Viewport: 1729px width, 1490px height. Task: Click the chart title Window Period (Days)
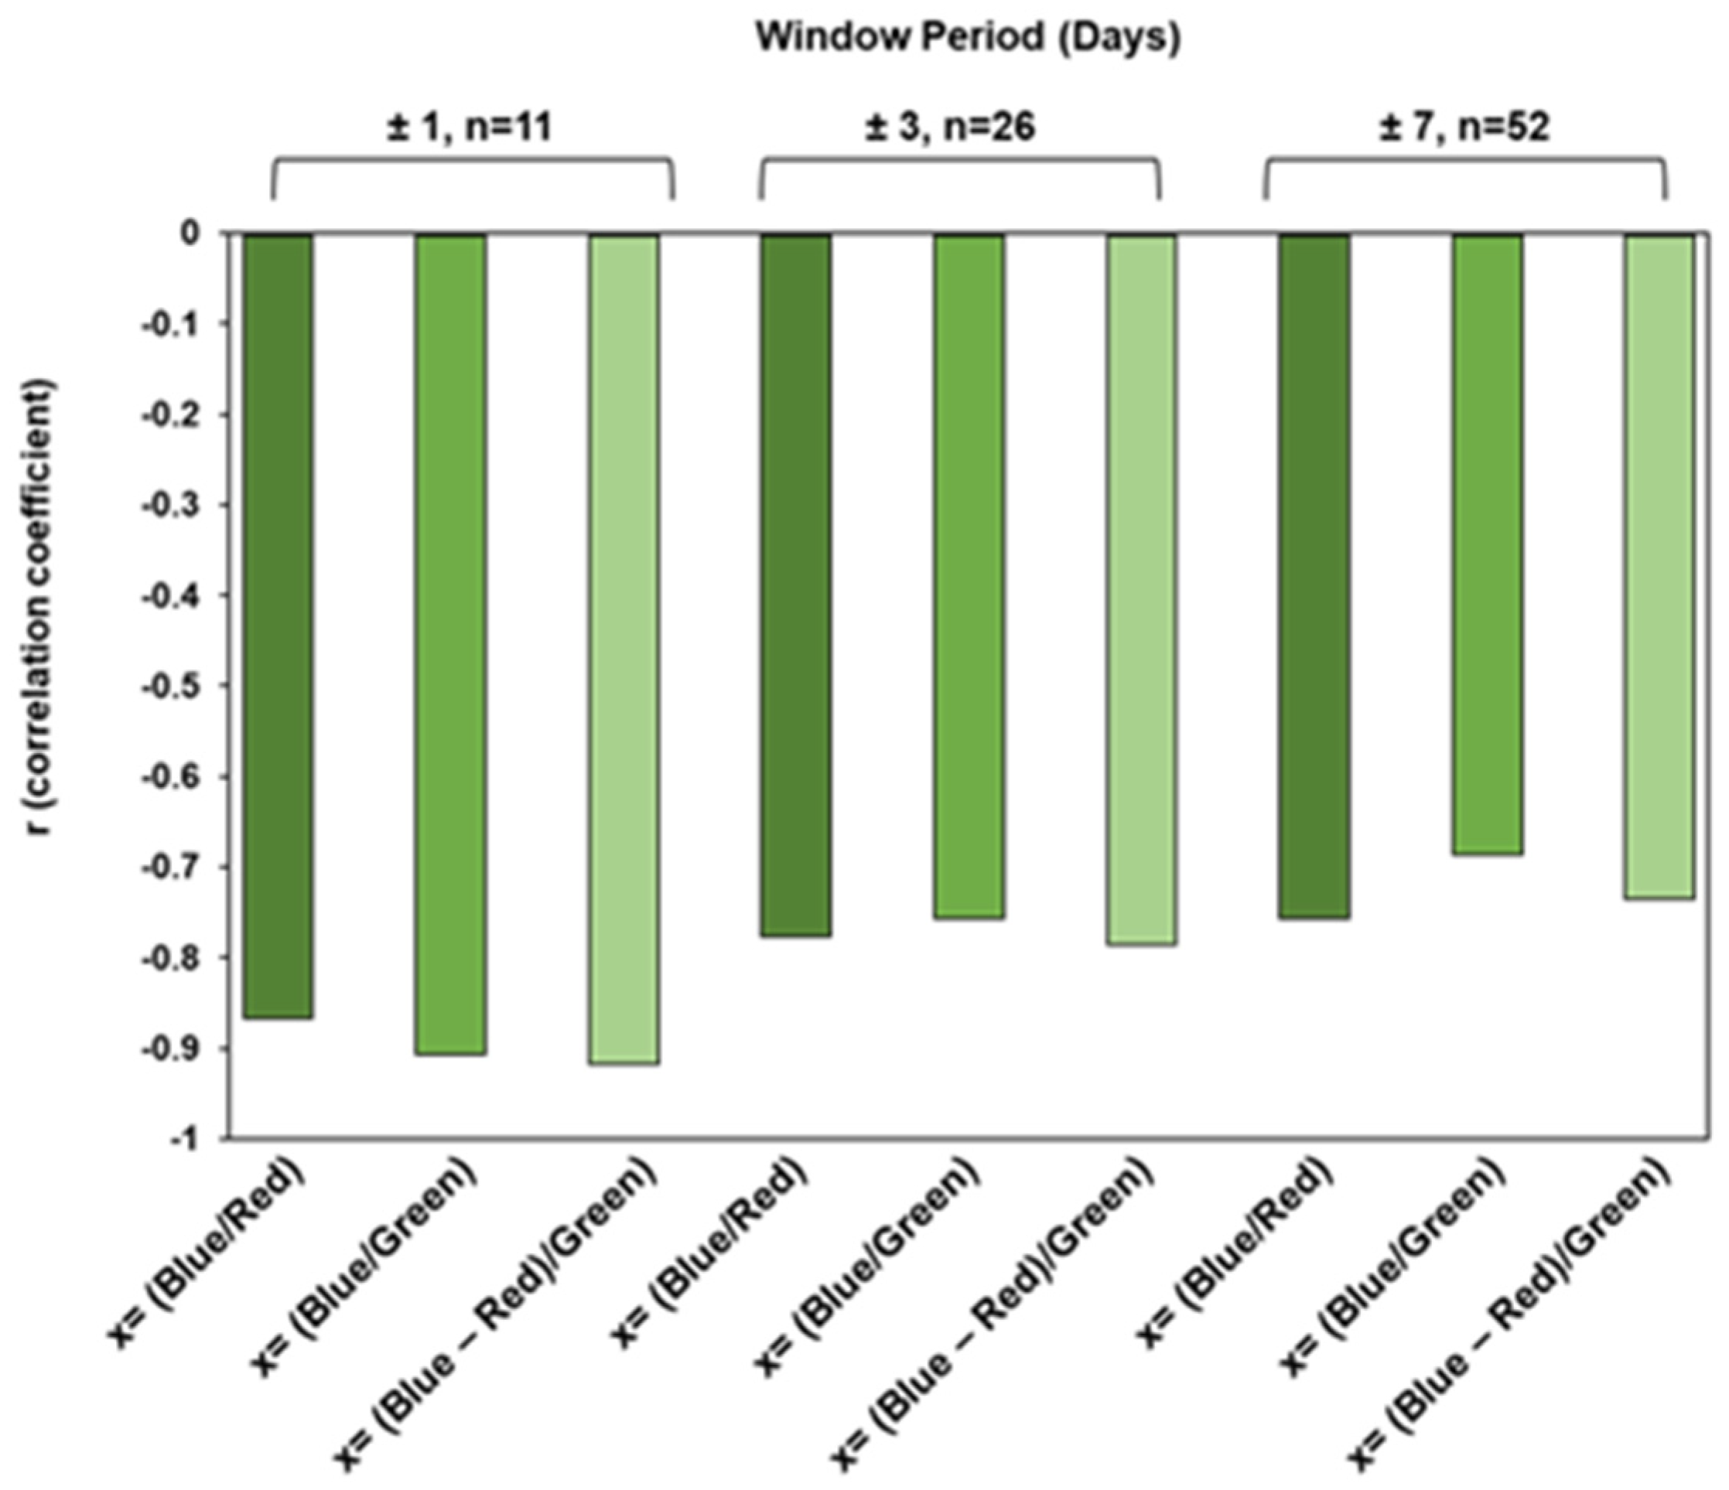tap(967, 39)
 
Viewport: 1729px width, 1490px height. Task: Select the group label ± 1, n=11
tap(470, 128)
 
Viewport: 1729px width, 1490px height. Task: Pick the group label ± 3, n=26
tap(951, 128)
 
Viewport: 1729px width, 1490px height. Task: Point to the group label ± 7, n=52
tap(1465, 128)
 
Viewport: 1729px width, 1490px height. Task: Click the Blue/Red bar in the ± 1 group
tap(278, 626)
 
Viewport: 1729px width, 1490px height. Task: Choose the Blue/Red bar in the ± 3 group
tap(796, 585)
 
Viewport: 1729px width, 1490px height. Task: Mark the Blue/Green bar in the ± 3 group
tap(969, 575)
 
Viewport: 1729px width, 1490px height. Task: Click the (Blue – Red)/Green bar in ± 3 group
tap(1142, 589)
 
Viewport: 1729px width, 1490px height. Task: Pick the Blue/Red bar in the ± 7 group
tap(1314, 575)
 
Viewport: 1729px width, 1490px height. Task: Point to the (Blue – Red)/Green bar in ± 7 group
tap(1659, 567)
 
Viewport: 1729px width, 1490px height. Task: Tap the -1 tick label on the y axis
tap(190, 1140)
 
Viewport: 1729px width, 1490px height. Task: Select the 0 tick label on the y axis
tap(193, 234)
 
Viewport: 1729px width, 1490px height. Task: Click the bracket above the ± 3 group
tap(959, 162)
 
